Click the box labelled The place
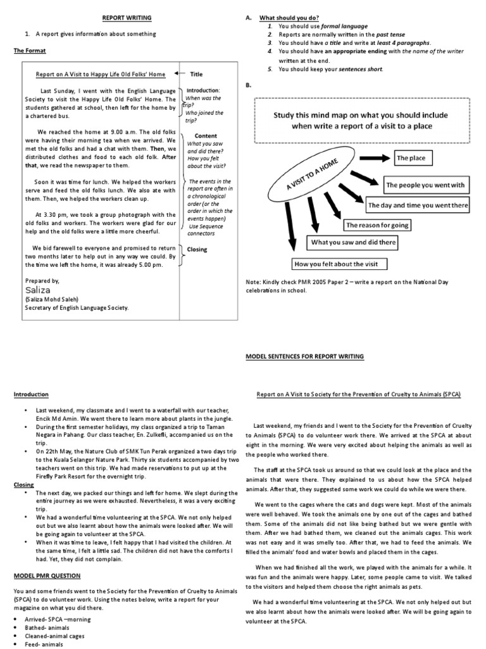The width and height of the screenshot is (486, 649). [411, 157]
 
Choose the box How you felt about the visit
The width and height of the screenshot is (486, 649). [339, 264]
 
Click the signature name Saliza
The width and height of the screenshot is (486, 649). [37, 289]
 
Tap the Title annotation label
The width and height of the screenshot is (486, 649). [196, 74]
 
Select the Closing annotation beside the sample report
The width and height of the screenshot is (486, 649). [197, 249]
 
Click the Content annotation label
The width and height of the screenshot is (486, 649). [206, 136]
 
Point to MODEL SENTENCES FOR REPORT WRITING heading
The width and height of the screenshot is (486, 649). [304, 357]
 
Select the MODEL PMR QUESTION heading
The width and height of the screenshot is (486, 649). [47, 575]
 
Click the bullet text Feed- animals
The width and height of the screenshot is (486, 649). [44, 644]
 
